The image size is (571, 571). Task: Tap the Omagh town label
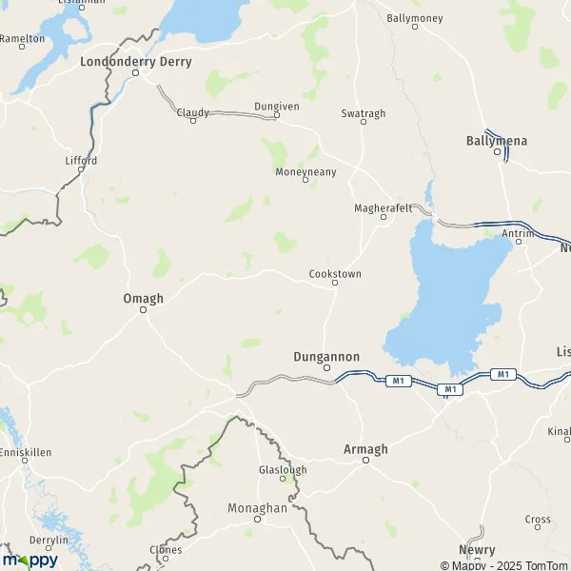point(144,298)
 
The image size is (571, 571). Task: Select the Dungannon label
point(325,357)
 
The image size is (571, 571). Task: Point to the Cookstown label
point(335,273)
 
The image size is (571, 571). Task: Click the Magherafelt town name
point(380,206)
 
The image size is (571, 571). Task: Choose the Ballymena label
point(496,140)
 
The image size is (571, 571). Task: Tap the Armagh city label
point(365,448)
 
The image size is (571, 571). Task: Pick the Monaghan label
point(257,508)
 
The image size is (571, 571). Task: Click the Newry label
point(476,550)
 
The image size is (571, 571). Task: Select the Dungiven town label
point(276,107)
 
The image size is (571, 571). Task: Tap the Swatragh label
point(364,113)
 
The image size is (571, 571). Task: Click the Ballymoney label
point(416,17)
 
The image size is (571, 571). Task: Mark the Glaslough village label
point(283,470)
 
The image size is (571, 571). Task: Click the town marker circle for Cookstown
point(335,283)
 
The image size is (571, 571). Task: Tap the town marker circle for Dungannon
point(326,367)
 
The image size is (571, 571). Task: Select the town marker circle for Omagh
point(144,308)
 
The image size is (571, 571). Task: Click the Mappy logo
point(30,560)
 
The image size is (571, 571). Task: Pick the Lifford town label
point(81,161)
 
